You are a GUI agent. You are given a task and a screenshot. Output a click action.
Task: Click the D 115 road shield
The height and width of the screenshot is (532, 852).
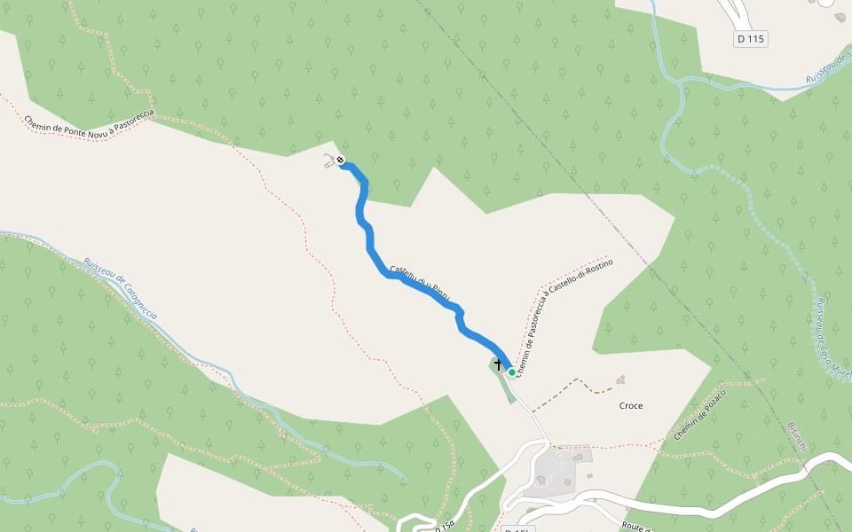click(751, 39)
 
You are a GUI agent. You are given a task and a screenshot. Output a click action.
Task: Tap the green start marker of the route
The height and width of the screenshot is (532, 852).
click(512, 372)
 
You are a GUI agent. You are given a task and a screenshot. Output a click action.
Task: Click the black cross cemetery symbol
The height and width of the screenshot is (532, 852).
click(498, 364)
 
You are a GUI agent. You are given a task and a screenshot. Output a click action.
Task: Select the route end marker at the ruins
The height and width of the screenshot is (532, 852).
click(340, 160)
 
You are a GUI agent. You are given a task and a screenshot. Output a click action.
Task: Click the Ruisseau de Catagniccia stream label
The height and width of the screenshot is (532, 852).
click(121, 289)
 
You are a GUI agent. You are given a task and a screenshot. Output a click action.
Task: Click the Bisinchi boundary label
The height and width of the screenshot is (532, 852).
click(796, 436)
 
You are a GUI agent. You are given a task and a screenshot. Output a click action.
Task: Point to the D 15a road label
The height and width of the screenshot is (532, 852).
click(444, 526)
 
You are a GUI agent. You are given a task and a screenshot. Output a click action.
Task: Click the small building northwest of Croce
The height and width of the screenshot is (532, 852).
click(619, 379)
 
